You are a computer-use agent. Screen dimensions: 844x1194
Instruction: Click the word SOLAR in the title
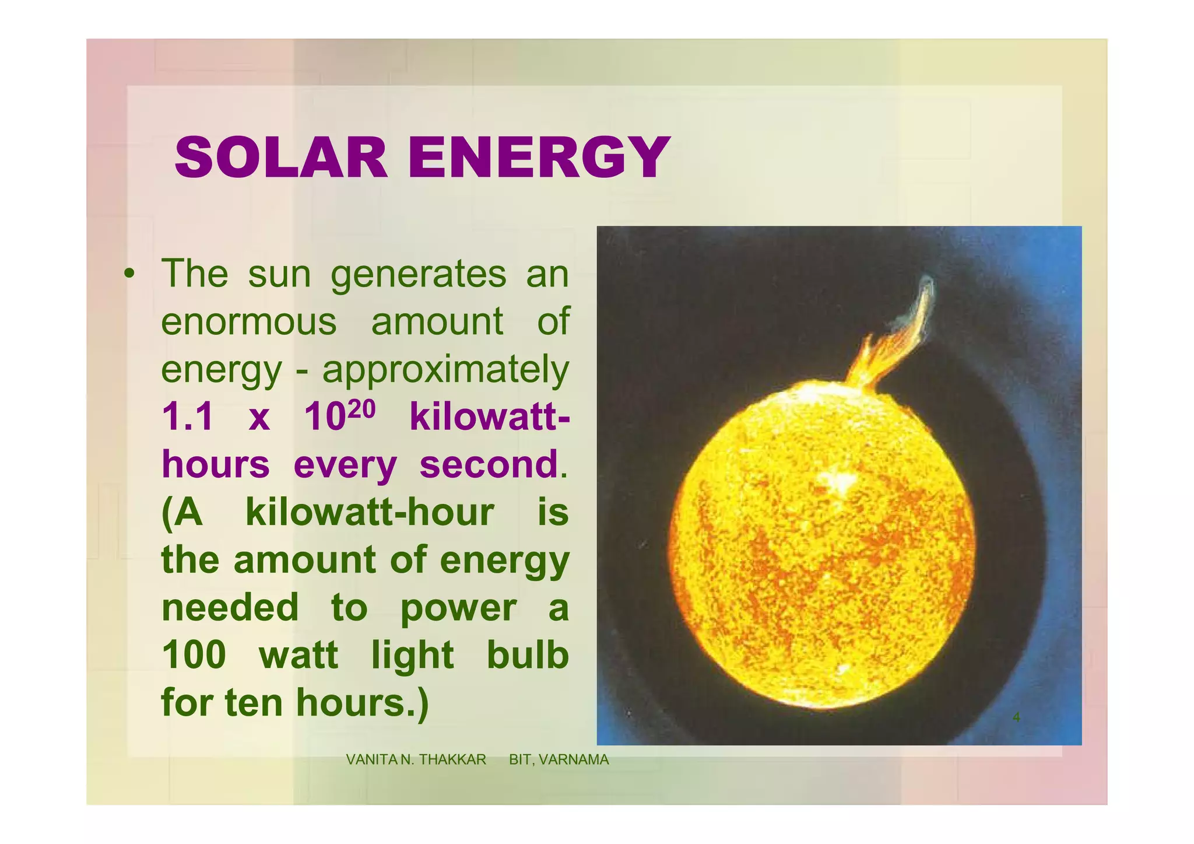point(280,158)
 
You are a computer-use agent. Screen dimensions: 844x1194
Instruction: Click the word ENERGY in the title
point(539,158)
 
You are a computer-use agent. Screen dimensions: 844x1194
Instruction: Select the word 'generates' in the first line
point(419,274)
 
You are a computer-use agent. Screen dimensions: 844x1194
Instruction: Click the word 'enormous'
point(249,321)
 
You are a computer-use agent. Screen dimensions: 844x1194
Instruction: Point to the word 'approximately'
point(445,370)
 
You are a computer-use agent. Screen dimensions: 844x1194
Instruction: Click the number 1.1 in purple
point(187,418)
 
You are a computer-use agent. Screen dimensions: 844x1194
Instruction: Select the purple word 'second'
point(489,465)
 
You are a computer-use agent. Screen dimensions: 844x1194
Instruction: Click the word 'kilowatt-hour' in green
point(370,513)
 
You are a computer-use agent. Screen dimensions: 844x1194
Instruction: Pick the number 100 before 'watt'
point(194,655)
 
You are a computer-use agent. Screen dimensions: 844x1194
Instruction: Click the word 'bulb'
point(528,655)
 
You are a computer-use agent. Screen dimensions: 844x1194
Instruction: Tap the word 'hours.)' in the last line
point(362,703)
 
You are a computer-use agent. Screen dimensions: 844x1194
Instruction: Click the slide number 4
point(1016,717)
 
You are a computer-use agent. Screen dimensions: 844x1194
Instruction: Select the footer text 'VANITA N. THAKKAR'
point(416,759)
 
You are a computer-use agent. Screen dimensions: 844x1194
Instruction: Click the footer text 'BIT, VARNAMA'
point(559,759)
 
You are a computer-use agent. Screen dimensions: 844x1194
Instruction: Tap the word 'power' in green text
point(458,608)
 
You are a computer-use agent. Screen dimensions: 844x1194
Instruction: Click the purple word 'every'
point(345,465)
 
